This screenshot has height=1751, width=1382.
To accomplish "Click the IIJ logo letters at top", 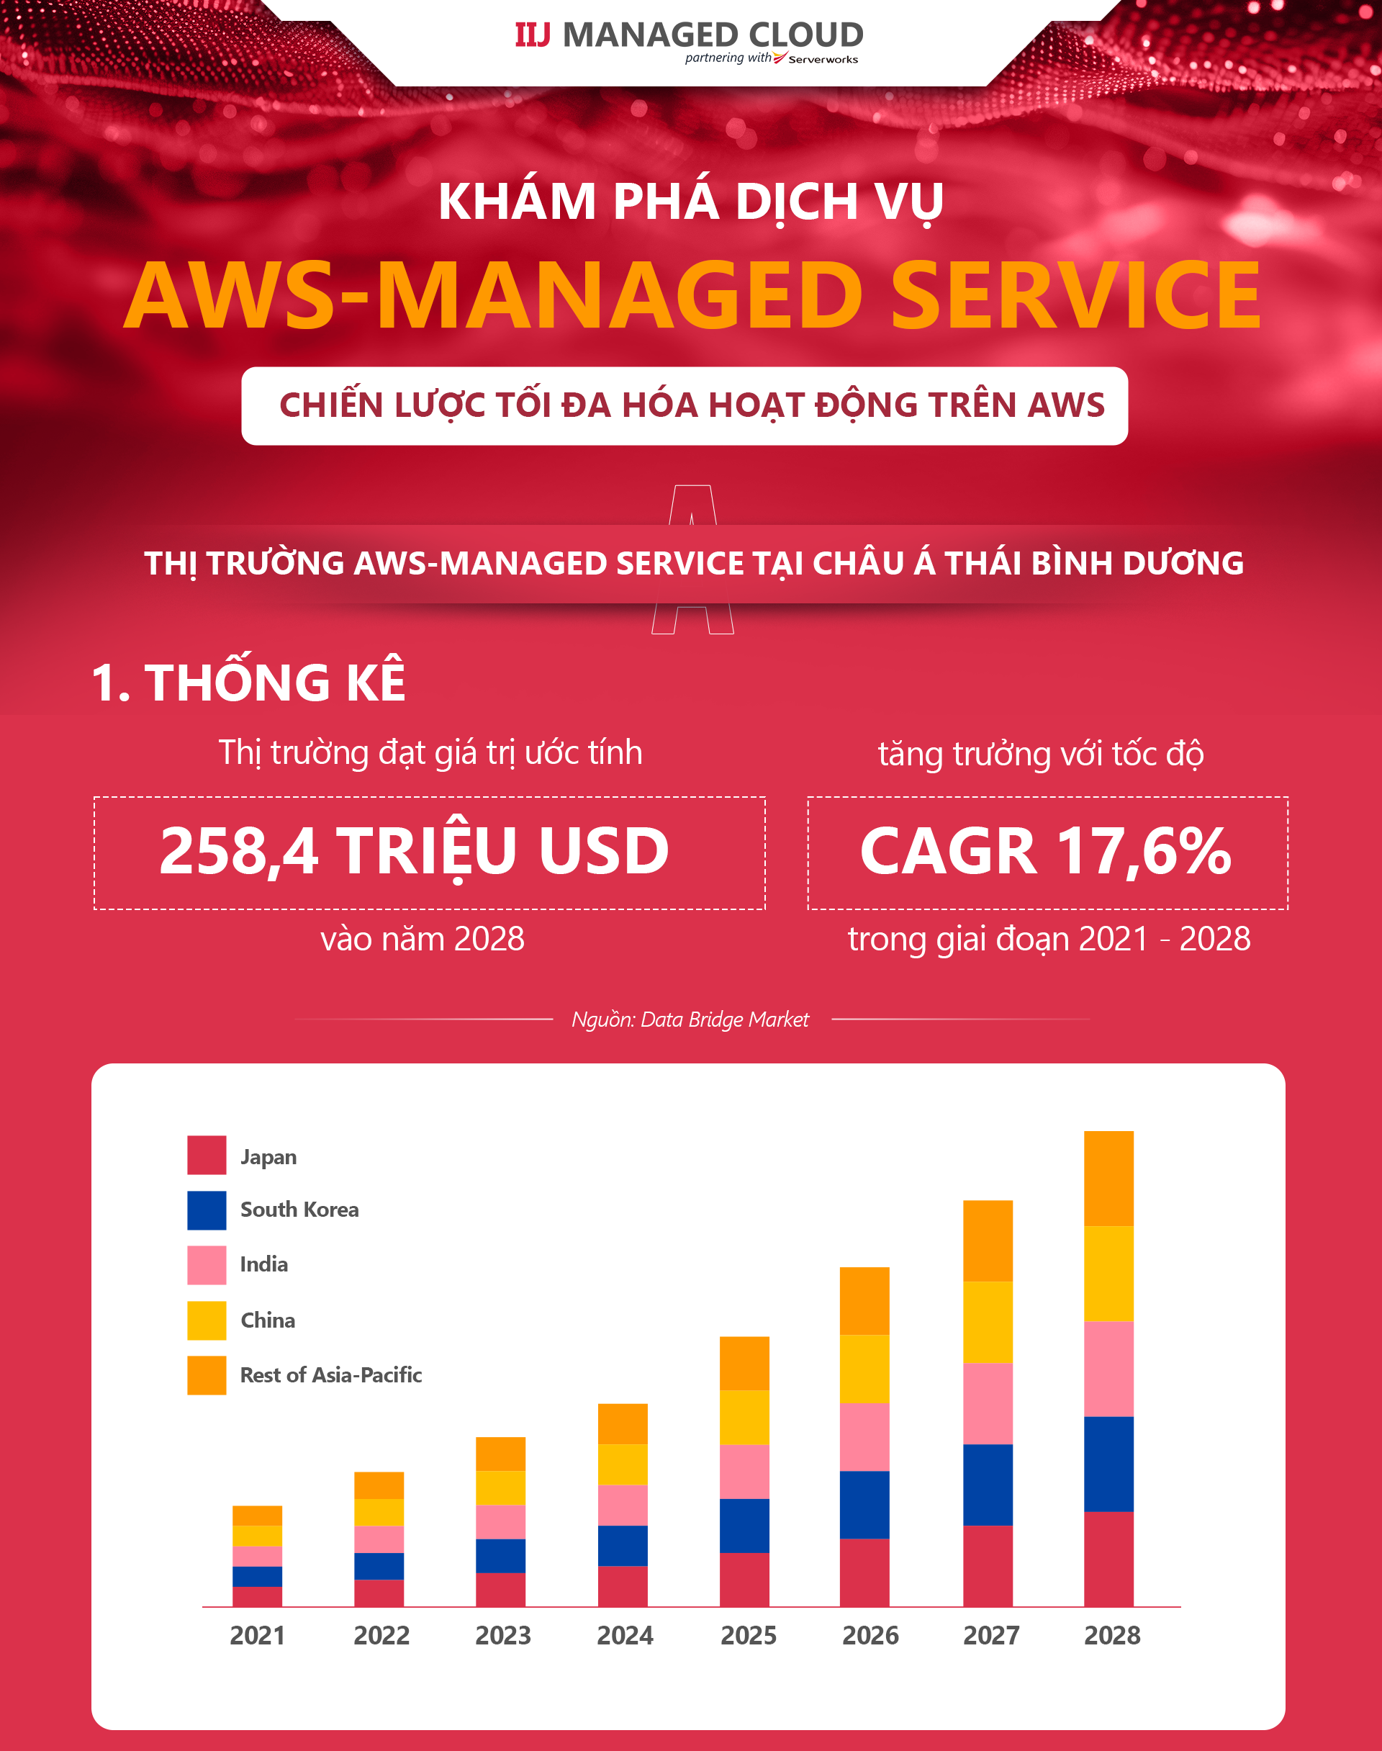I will (533, 35).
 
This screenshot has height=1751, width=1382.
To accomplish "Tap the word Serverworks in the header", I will (823, 60).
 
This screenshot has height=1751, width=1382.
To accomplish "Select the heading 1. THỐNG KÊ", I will (248, 682).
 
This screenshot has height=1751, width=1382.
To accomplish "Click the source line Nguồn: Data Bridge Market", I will (690, 1019).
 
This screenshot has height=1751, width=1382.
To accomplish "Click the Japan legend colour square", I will (207, 1155).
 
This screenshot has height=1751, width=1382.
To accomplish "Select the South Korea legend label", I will (299, 1210).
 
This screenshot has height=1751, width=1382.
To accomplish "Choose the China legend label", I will (268, 1320).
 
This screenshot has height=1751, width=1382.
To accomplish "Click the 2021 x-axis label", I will (257, 1636).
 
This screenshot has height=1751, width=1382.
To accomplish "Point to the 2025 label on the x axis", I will (749, 1636).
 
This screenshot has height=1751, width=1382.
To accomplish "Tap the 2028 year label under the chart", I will (1112, 1636).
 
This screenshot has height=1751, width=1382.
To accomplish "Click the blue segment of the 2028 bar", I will (1108, 1464).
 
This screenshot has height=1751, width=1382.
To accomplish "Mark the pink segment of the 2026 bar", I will (864, 1436).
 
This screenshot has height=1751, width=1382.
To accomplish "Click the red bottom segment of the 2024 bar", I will (622, 1586).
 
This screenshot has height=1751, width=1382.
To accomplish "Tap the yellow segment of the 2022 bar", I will (379, 1512).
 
